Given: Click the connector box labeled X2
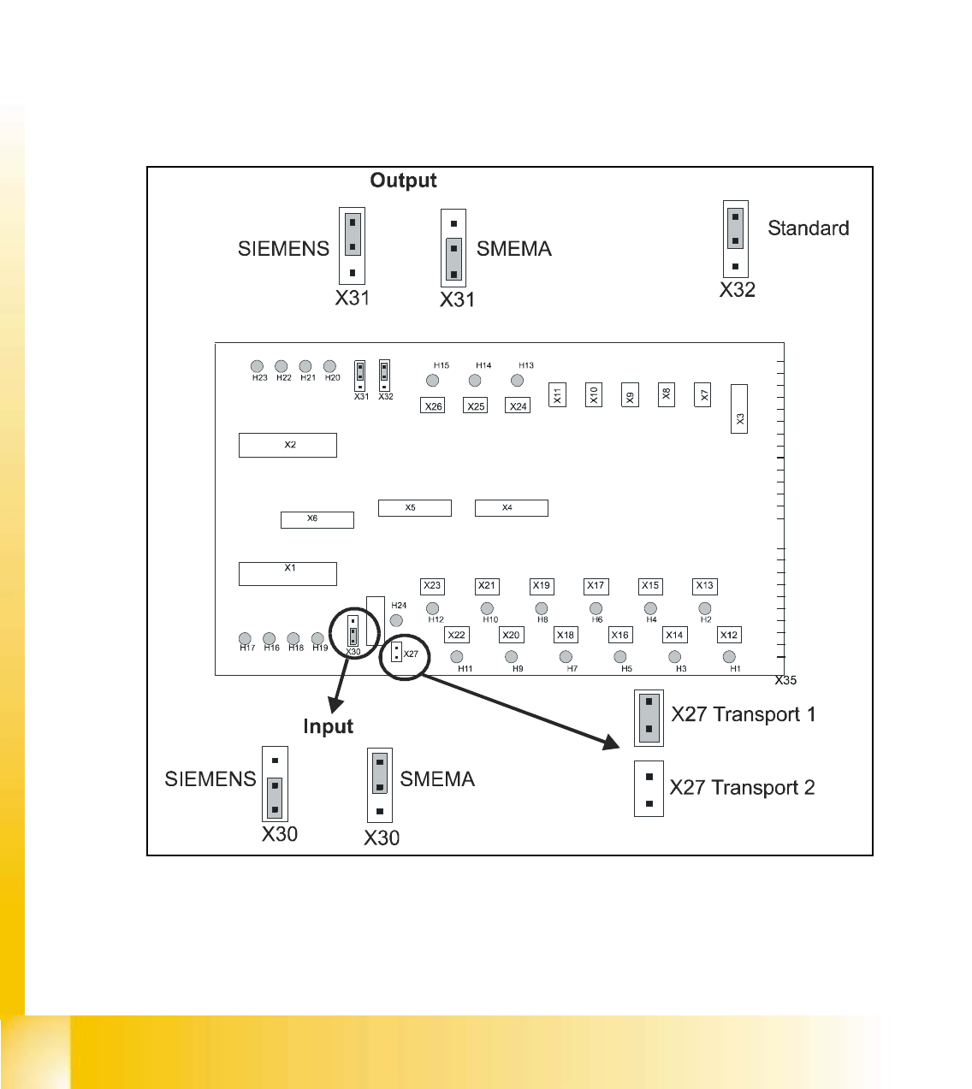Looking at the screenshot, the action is [287, 445].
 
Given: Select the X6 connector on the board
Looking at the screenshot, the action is [317, 519].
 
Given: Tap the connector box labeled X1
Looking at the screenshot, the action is [287, 573].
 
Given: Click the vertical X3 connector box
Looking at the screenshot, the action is [739, 409].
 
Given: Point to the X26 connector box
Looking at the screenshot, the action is [434, 405].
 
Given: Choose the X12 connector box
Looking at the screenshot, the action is [729, 635].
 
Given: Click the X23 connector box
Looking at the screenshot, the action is [433, 586].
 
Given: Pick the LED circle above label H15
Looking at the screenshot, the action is [433, 381].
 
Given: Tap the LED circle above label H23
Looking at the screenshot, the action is [257, 367].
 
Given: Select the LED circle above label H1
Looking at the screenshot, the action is [729, 657].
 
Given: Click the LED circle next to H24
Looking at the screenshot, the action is [396, 620].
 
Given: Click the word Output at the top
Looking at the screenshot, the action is [403, 181].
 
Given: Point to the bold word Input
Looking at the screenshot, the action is [328, 726].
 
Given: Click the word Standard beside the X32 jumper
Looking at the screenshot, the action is [808, 228].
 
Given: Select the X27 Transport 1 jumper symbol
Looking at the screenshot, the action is [649, 717].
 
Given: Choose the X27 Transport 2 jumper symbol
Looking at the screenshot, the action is [649, 790].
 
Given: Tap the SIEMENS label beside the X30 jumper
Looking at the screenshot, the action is [210, 779].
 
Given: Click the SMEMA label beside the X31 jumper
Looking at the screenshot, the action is [513, 249].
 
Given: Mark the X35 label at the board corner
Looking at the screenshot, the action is [785, 681].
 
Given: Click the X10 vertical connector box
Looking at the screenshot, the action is [594, 394].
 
